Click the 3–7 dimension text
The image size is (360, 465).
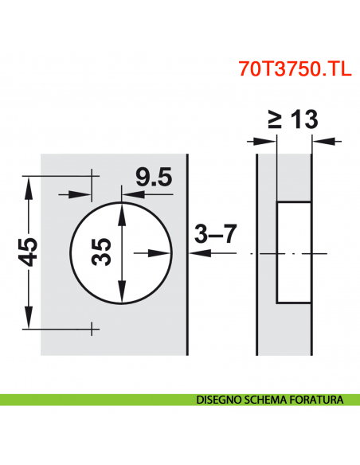[x=216, y=235]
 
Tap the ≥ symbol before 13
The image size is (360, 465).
[x=272, y=120]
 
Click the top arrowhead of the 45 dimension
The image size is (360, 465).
[x=29, y=185]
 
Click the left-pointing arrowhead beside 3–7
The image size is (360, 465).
[x=196, y=253]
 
